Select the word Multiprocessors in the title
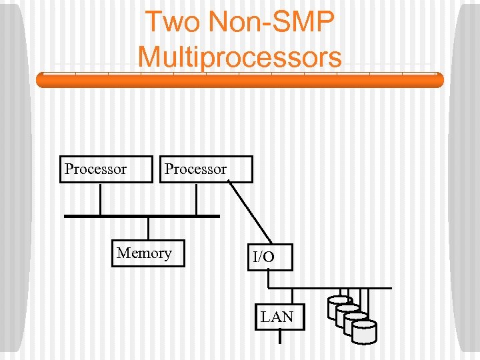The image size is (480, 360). click(240, 56)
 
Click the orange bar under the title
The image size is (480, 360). click(240, 81)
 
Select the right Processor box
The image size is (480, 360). click(206, 169)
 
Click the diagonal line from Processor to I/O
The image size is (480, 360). click(250, 211)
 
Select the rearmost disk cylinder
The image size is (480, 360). click(339, 306)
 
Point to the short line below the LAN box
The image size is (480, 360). click(280, 337)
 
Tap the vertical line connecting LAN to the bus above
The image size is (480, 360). click(291, 296)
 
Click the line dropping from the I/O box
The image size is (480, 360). click(268, 279)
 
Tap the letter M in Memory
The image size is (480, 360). click(123, 253)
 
